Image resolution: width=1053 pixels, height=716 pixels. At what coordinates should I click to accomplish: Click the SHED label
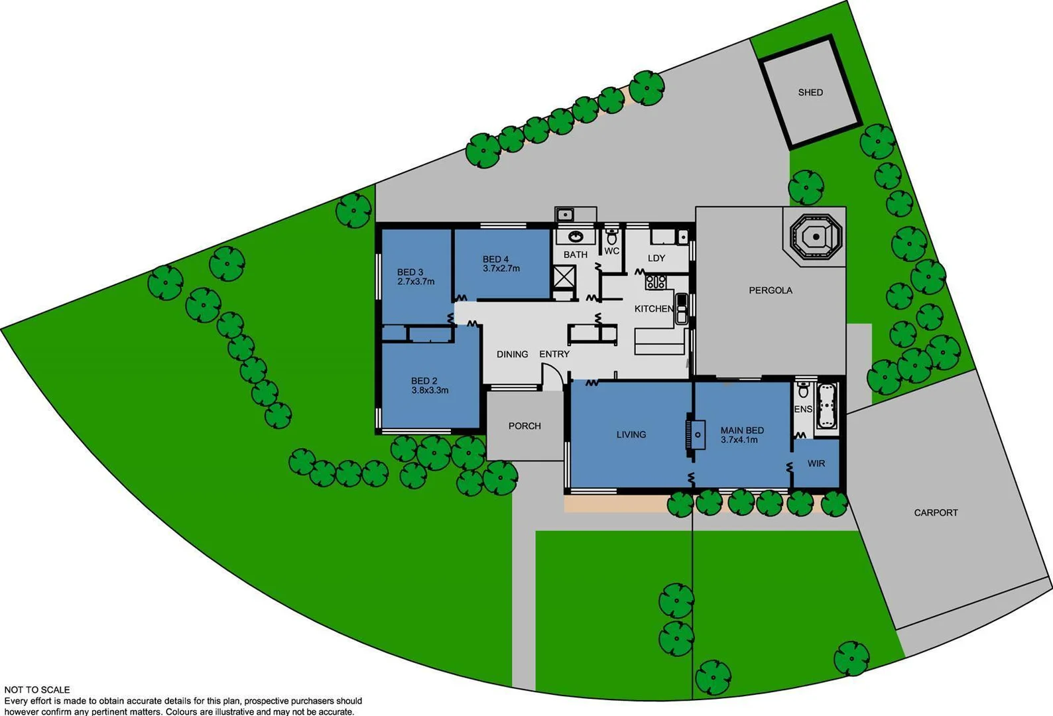810,92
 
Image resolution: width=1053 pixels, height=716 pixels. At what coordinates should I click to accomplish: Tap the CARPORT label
936,512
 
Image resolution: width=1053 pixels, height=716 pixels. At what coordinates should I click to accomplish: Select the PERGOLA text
771,290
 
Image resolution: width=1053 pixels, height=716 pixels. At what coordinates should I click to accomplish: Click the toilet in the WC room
611,237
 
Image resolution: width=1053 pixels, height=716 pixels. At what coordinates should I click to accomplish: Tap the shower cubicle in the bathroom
564,276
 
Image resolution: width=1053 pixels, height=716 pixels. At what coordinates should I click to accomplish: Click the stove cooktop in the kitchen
656,282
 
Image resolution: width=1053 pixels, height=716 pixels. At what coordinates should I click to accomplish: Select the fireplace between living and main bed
692,435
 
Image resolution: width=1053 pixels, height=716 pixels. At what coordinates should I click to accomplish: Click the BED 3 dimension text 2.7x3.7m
416,282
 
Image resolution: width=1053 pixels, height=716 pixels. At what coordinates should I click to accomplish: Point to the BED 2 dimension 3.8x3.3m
430,390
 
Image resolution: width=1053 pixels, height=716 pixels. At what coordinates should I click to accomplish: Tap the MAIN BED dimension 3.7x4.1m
739,440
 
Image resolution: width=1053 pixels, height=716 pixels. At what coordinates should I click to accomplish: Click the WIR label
816,463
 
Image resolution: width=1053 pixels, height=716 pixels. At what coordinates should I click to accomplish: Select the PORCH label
525,426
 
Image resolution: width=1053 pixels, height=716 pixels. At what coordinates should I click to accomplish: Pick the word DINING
513,354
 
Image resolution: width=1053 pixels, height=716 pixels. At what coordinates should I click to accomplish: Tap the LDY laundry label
656,258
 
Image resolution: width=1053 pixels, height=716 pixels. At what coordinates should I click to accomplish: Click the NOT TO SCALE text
37,690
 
